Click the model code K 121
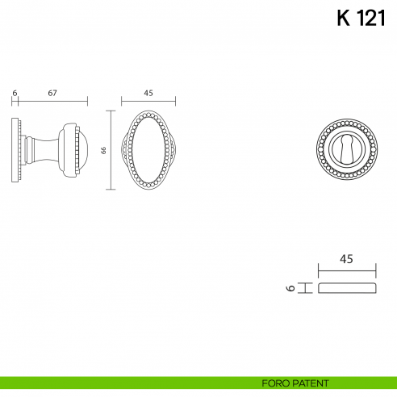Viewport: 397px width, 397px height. (361, 19)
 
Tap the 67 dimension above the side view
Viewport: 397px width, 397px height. (52, 94)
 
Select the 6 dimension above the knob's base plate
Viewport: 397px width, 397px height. (15, 94)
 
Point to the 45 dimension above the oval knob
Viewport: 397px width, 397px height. (148, 94)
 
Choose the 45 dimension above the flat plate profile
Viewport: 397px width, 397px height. (346, 259)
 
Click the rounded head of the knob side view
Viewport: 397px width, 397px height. (74, 151)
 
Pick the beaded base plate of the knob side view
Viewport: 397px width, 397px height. (15, 151)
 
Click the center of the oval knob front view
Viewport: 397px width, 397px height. (148, 151)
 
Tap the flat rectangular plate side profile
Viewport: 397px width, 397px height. (347, 288)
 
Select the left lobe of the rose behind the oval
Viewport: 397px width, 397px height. (124, 151)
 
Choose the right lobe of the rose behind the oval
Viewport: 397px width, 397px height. (172, 151)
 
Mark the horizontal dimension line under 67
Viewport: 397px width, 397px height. (52, 102)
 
